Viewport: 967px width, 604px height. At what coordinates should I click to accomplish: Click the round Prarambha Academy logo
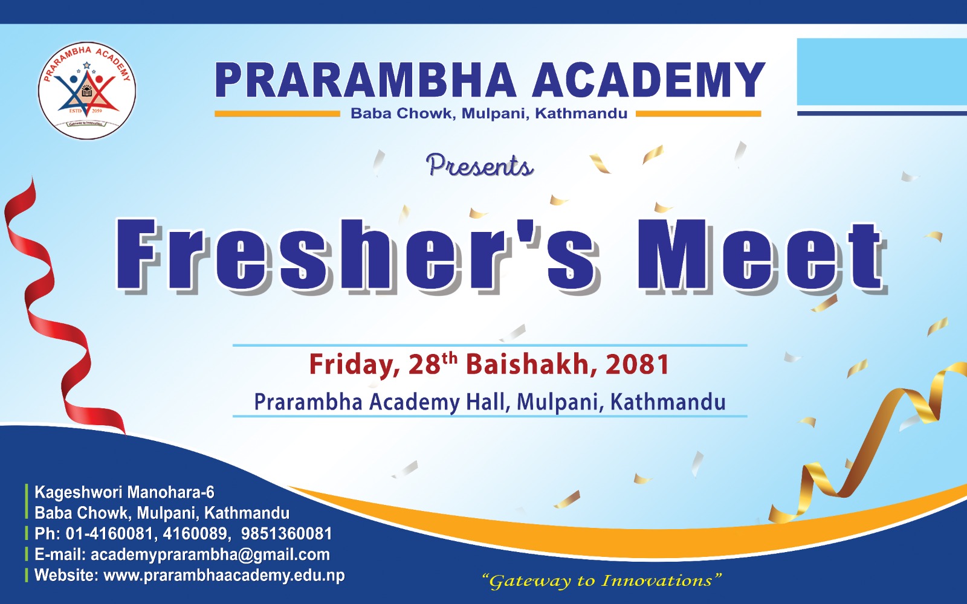pyautogui.click(x=87, y=91)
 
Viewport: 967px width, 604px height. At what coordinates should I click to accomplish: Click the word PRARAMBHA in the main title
pyautogui.click(x=365, y=80)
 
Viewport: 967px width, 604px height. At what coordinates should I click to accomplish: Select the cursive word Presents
pyautogui.click(x=479, y=166)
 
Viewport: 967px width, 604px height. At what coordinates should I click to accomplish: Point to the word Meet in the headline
pyautogui.click(x=762, y=257)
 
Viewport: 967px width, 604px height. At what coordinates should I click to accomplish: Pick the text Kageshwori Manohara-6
pyautogui.click(x=125, y=492)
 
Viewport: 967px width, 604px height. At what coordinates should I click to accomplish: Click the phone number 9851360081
pyautogui.click(x=286, y=534)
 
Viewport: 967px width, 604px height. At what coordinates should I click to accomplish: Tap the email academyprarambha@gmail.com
pyautogui.click(x=210, y=555)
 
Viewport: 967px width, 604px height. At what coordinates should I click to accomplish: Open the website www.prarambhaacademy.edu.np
pyautogui.click(x=224, y=576)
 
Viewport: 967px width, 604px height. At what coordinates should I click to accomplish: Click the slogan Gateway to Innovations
pyautogui.click(x=602, y=580)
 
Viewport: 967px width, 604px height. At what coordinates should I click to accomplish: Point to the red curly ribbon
pyautogui.click(x=48, y=302)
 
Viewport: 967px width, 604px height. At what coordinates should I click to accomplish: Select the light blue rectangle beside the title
pyautogui.click(x=882, y=72)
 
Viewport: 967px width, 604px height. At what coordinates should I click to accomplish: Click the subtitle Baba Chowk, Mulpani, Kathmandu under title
pyautogui.click(x=489, y=114)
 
